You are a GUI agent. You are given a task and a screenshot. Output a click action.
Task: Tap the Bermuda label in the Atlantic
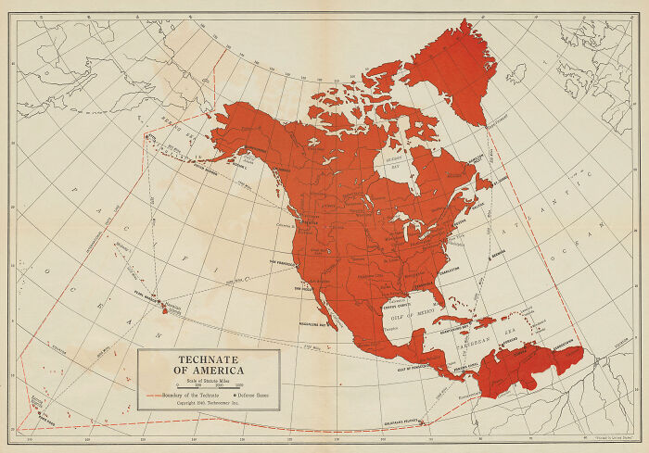500,250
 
